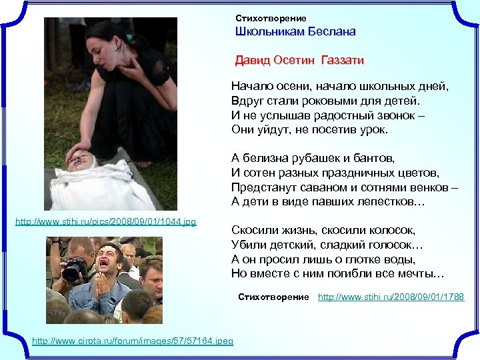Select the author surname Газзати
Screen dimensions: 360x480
pos(342,61)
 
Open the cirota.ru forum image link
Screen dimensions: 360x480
pos(133,341)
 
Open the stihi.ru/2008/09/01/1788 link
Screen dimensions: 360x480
pos(391,297)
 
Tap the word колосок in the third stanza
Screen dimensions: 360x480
pos(391,231)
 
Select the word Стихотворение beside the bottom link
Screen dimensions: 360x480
pos(273,297)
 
